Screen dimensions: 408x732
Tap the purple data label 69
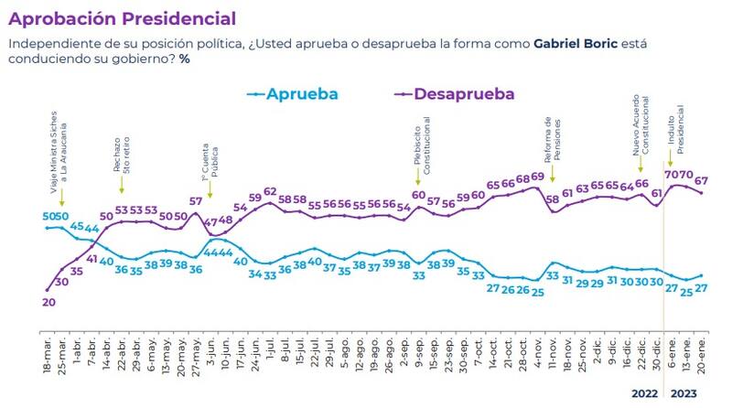(538, 177)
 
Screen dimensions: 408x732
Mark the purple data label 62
(270, 191)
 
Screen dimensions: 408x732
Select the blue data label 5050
(55, 216)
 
